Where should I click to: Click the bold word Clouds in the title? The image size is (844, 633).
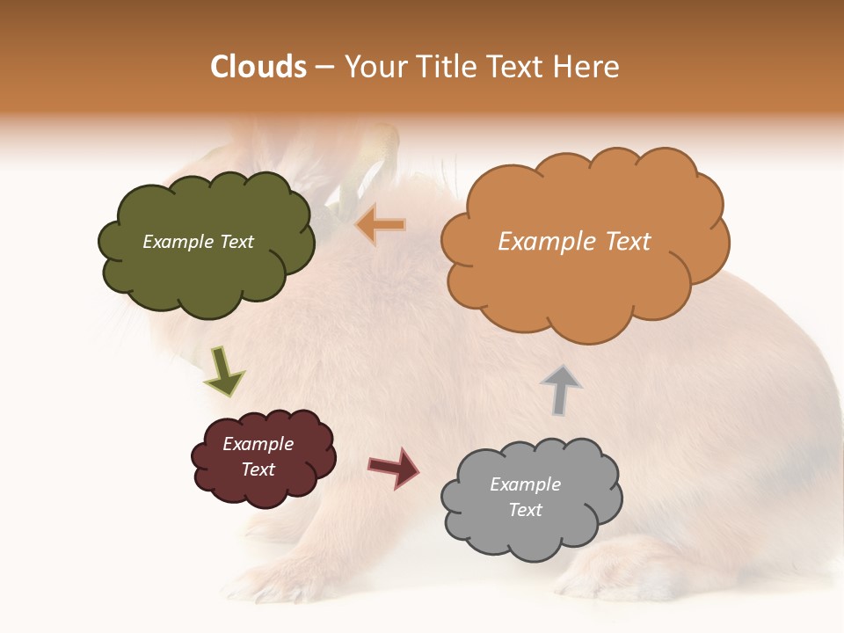pos(258,67)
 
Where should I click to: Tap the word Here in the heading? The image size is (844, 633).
pos(586,67)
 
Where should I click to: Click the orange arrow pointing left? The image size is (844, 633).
pos(381,225)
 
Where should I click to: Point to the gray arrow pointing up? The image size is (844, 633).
pos(561,389)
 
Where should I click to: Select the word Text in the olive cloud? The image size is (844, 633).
pos(236,242)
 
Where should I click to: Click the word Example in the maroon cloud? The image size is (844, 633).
pos(258,444)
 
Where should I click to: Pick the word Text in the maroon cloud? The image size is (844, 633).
pos(258,469)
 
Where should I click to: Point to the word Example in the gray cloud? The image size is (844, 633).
pos(525,484)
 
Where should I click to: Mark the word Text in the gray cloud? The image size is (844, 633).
pos(525,510)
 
